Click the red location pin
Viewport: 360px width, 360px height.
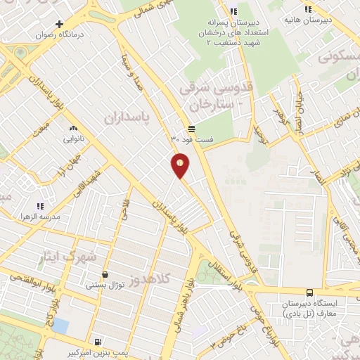181,165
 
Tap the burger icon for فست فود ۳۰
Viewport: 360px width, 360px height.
192,128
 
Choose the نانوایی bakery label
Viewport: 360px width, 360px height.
74,139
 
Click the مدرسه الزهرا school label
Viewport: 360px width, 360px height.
40,217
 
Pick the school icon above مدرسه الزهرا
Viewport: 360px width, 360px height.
40,206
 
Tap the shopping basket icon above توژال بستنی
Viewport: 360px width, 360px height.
105,274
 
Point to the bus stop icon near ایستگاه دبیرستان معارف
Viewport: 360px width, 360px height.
309,292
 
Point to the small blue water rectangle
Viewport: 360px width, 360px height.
60,326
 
